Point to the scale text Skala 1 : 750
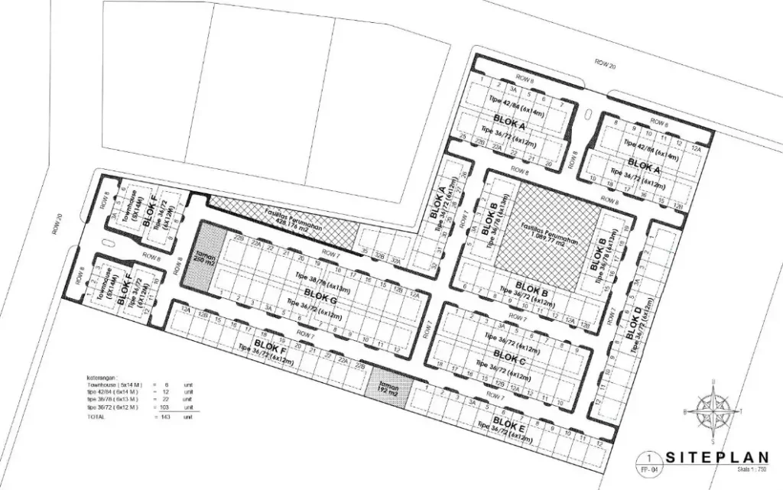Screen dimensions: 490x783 [x=752, y=468]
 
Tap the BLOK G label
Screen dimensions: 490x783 [x=321, y=293]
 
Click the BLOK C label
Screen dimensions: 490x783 [x=509, y=355]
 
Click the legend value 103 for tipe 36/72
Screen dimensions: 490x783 [x=164, y=408]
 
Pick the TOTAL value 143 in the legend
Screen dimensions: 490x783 [x=164, y=417]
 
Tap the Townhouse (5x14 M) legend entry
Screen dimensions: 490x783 [x=114, y=385]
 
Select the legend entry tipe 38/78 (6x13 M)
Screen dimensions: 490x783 [x=112, y=401]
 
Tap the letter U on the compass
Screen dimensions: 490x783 [x=713, y=381]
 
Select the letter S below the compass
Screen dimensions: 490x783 [x=713, y=440]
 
